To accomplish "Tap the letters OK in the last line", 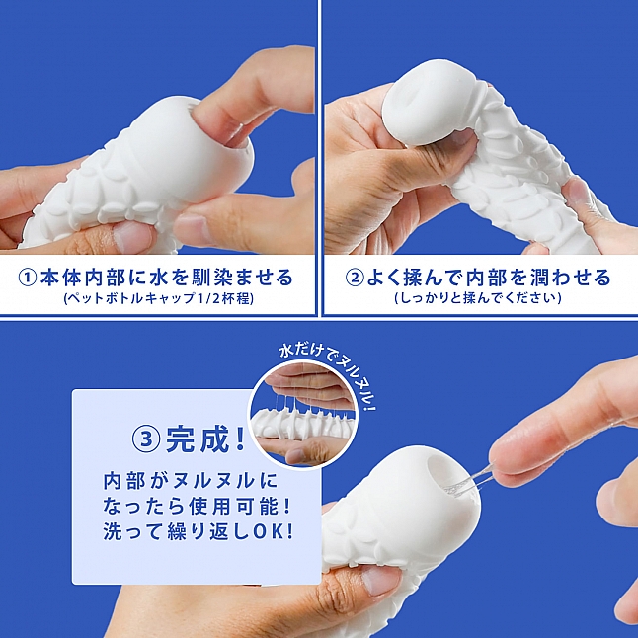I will [278, 530].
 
